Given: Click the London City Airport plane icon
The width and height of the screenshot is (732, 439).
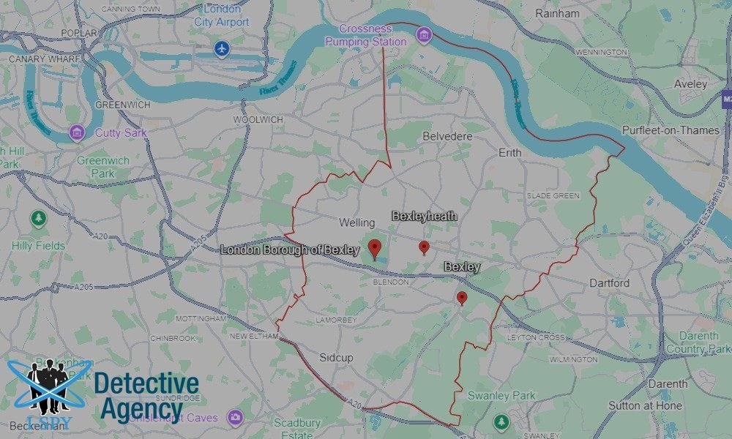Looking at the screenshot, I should [223, 49].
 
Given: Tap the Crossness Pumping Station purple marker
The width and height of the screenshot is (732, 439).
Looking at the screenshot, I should [423, 34].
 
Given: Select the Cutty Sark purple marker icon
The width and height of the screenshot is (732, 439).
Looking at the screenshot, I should [77, 132].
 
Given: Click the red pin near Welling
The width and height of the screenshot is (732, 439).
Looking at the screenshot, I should [375, 248].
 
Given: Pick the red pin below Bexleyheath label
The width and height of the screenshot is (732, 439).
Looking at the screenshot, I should [424, 247].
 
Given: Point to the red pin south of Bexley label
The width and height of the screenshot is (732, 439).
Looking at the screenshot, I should [462, 298].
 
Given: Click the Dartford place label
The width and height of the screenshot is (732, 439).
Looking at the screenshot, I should [610, 282].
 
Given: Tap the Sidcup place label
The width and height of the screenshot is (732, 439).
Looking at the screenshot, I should [336, 358].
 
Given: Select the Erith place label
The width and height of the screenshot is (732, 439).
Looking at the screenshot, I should [509, 152].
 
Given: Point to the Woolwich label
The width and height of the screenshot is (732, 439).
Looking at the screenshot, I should [257, 119].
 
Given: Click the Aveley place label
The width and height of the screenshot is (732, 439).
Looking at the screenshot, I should [690, 84].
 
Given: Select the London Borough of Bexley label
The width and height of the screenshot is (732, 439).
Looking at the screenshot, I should [290, 249].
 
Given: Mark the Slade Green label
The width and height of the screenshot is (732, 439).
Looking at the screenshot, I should [553, 195].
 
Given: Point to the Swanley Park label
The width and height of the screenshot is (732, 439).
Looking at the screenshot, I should [501, 396].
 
